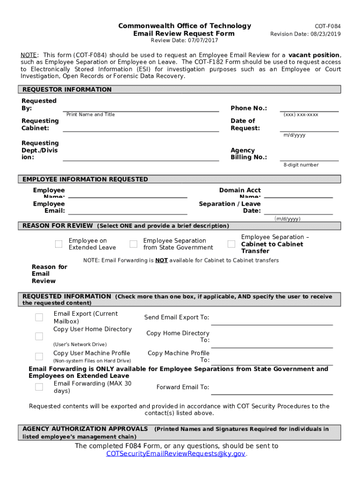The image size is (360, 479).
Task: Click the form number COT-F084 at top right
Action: (327, 26)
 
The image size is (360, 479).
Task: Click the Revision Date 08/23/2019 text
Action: (305, 34)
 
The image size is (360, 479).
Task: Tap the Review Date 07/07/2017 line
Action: (184, 41)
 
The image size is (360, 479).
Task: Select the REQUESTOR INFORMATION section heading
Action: (67, 89)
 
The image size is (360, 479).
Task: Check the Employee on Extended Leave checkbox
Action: (58, 244)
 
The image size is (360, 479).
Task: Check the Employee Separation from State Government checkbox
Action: (133, 244)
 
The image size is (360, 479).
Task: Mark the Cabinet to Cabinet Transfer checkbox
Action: (231, 244)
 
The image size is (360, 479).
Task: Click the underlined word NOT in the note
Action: (162, 261)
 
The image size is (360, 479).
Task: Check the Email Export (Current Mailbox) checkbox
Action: (39, 318)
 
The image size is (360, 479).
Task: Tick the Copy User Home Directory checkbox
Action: (39, 336)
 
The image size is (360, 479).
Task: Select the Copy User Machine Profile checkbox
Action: (39, 356)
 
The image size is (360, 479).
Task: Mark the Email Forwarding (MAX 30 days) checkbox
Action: (39, 387)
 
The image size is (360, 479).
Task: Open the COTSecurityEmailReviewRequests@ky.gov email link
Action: (176, 454)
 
